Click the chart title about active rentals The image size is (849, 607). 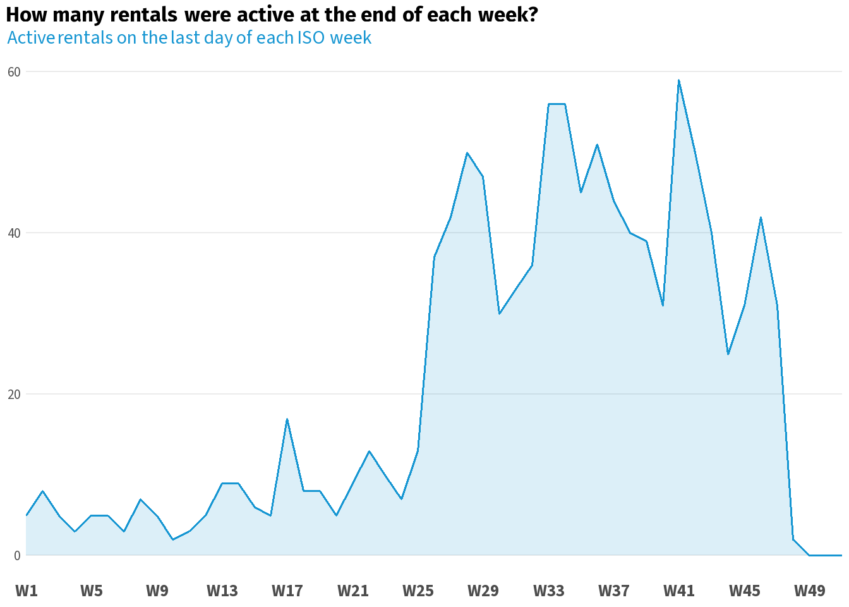pyautogui.click(x=272, y=15)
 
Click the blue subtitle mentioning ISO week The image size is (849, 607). pyautogui.click(x=190, y=38)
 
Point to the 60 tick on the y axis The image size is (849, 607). pyautogui.click(x=14, y=72)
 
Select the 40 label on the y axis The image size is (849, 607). pyautogui.click(x=14, y=233)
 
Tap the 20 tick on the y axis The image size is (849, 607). pyautogui.click(x=14, y=395)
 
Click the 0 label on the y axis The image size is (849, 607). pyautogui.click(x=17, y=556)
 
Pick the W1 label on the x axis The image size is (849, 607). pyautogui.click(x=27, y=591)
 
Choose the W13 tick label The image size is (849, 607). pyautogui.click(x=222, y=591)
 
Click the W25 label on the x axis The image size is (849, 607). pyautogui.click(x=418, y=591)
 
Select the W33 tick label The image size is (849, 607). pyautogui.click(x=548, y=591)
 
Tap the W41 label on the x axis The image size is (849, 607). pyautogui.click(x=679, y=591)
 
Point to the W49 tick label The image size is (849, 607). pyautogui.click(x=809, y=591)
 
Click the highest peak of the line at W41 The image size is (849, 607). pyautogui.click(x=679, y=80)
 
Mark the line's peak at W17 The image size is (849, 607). pyautogui.click(x=287, y=419)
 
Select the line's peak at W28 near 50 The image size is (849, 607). pyautogui.click(x=467, y=153)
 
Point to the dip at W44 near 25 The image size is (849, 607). pyautogui.click(x=728, y=354)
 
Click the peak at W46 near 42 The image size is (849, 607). pyautogui.click(x=761, y=218)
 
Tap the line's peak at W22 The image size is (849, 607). pyautogui.click(x=369, y=451)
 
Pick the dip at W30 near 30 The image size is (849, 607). pyautogui.click(x=500, y=314)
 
